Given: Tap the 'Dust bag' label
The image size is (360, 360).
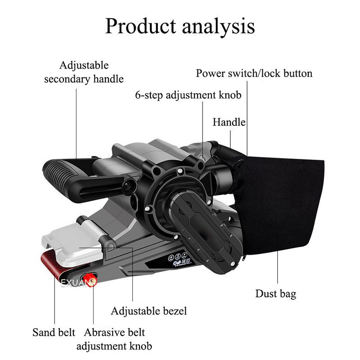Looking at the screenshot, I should click(276, 294).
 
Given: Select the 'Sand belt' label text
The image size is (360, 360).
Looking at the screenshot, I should click(54, 333).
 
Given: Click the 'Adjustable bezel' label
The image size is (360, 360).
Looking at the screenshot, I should click(149, 310).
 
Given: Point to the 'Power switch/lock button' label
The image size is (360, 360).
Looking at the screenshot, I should click(254, 73).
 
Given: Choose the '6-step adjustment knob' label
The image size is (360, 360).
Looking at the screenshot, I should click(189, 95).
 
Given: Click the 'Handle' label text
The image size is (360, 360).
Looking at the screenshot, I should click(229, 122).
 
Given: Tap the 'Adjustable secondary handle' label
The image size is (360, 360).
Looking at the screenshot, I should click(84, 72).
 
